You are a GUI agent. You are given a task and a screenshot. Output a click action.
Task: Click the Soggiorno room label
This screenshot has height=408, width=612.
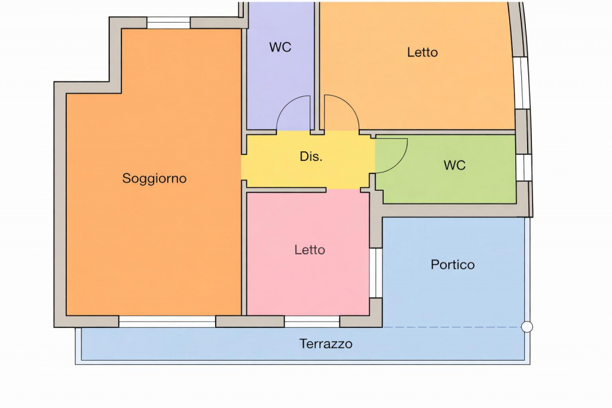(x=154, y=178)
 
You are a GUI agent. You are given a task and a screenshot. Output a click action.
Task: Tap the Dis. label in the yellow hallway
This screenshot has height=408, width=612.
(x=311, y=157)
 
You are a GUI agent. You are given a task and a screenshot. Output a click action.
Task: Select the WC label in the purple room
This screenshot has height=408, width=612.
(x=280, y=47)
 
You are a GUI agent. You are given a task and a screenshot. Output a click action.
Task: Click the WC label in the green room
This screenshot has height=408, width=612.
(x=454, y=166)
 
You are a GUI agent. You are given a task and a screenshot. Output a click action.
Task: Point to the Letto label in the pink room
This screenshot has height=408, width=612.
(x=310, y=250)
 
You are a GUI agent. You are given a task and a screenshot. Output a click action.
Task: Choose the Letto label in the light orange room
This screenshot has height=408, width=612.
(x=423, y=53)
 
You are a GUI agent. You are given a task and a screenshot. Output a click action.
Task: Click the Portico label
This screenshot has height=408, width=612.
(x=452, y=264)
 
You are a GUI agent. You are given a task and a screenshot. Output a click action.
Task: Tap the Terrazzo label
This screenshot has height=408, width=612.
(x=326, y=344)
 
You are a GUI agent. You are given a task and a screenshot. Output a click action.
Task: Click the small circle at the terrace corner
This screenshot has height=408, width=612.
(x=527, y=327)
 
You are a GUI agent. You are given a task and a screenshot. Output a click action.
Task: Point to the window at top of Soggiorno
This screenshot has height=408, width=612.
(x=169, y=23)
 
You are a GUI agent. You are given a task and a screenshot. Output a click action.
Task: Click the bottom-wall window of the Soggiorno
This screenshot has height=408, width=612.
(x=167, y=322)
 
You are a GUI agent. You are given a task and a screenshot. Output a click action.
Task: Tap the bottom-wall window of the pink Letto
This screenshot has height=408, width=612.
(x=311, y=322)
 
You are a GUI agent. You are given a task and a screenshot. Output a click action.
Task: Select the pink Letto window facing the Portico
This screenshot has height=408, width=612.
(x=375, y=272)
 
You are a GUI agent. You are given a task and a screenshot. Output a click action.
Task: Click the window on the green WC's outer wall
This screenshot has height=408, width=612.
(x=524, y=167)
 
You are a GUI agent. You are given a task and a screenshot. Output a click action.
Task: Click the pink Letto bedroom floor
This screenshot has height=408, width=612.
(x=308, y=281)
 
